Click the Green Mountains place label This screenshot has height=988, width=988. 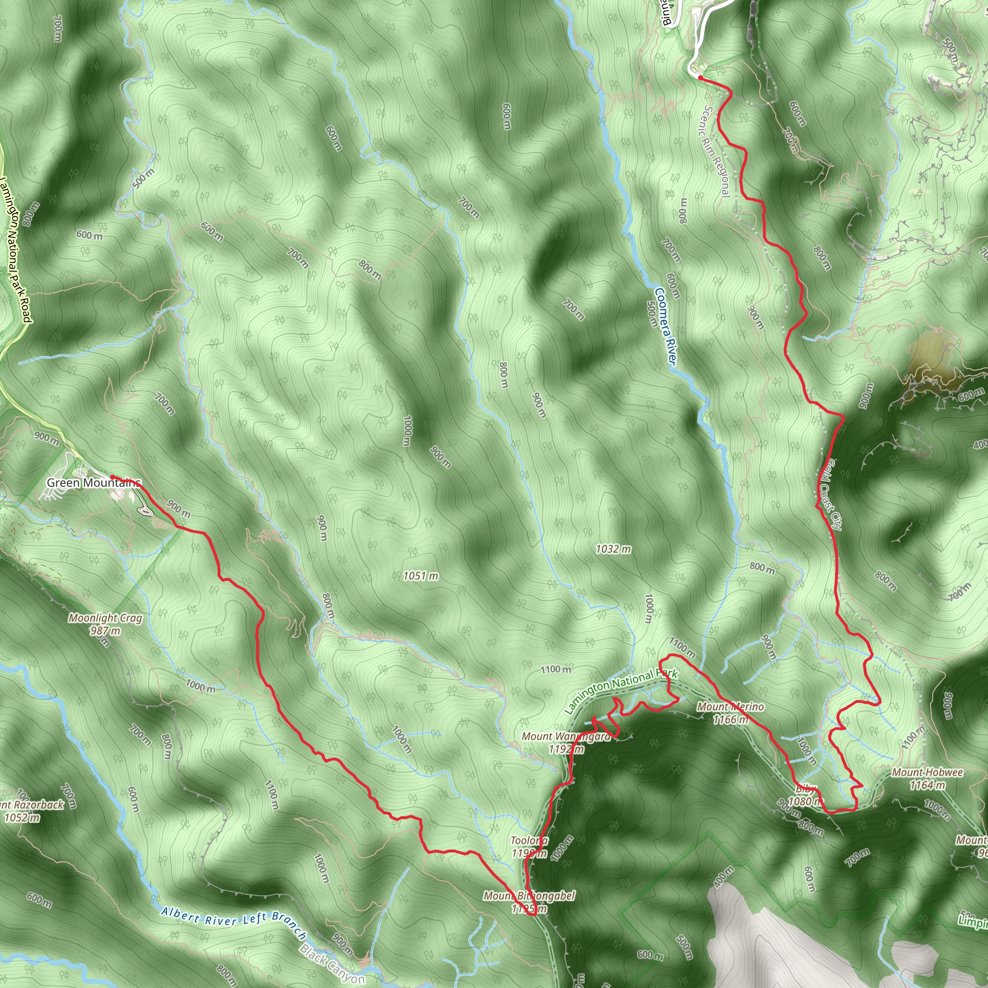point(93,483)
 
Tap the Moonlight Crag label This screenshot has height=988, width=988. point(105,618)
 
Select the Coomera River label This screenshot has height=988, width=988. point(665,327)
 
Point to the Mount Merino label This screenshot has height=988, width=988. point(730,707)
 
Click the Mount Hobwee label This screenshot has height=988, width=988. point(927,773)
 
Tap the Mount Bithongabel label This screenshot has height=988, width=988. point(529,896)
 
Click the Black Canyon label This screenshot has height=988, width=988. point(332,963)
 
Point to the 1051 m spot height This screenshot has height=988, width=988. point(420,576)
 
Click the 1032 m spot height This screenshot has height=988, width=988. point(613,549)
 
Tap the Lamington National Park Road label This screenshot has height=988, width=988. point(15,250)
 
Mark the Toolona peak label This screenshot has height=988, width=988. point(529,841)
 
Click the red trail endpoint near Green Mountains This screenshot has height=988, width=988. point(112,477)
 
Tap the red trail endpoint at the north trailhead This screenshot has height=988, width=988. point(699,78)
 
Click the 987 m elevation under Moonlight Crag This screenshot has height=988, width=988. point(105,631)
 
